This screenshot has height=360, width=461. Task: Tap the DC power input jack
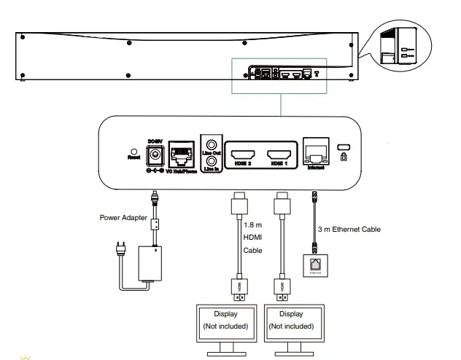154,154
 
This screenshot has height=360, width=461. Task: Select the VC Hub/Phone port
180,155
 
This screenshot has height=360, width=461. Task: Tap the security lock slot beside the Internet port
344,149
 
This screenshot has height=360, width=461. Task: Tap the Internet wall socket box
314,266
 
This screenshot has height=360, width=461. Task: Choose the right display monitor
291,324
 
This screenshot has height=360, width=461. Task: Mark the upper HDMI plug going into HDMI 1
280,203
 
